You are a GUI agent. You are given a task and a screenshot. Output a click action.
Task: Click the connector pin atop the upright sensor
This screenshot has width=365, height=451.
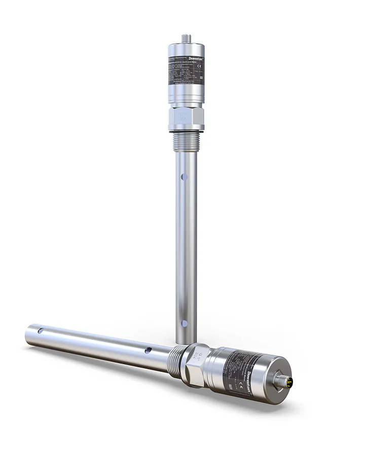[186, 38]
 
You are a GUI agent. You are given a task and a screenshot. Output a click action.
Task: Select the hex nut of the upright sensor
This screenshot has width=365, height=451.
[186, 118]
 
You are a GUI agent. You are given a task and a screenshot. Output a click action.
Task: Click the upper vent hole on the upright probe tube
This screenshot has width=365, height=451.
[184, 177]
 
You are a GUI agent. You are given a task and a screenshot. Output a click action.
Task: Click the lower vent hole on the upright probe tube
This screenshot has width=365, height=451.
[184, 323]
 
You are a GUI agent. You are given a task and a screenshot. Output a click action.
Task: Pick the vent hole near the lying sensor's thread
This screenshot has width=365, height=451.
[148, 350]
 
